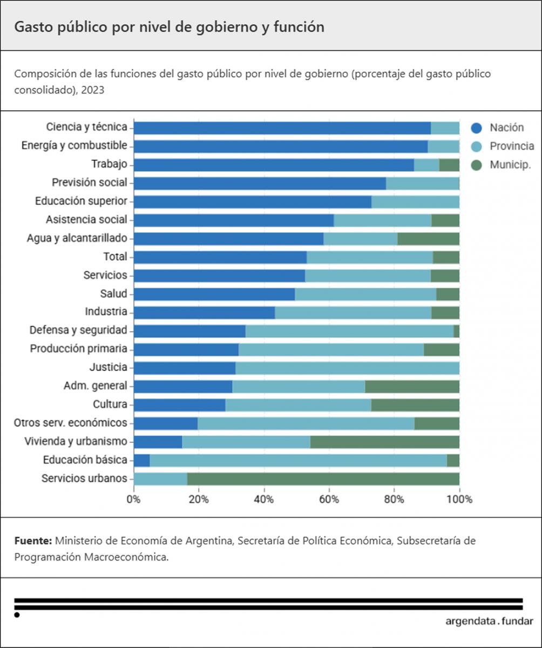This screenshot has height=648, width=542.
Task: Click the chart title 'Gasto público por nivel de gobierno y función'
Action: coord(169,28)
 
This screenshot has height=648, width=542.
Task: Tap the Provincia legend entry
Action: coord(512,146)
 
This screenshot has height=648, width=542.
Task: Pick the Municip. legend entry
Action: coord(510,165)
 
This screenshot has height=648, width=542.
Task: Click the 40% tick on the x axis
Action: coord(264,499)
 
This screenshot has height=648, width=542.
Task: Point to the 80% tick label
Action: coord(394,499)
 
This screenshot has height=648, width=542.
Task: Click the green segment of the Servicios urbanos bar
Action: coord(323,478)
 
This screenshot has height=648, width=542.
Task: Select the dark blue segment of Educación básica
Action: coord(141,460)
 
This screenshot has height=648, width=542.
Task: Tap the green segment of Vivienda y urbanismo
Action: coord(384,442)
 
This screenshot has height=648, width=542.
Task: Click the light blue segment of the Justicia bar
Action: coord(347,368)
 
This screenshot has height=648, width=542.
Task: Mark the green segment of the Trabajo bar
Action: coord(449,165)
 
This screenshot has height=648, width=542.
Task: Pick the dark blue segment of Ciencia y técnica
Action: coord(282,128)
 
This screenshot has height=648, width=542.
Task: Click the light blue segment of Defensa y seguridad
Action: coord(349,331)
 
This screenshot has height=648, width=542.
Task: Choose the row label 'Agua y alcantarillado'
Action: coord(77,238)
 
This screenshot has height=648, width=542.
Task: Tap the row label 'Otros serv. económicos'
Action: coord(70,423)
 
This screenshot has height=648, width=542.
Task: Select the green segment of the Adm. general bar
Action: coord(412,386)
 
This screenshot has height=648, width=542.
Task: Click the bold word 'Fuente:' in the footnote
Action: coord(33,541)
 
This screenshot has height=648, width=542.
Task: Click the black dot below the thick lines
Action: coord(17,615)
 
